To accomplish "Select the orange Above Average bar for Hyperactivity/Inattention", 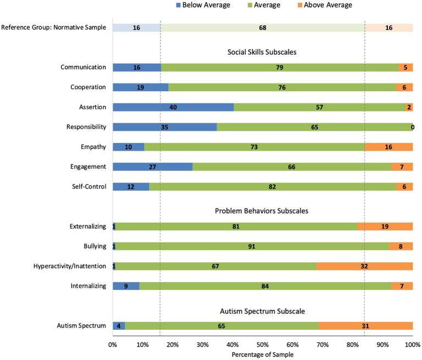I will point(364,267).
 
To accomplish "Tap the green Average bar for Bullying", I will point(251,247).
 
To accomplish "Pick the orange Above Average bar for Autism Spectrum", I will point(365,326).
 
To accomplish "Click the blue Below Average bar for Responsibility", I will point(165,127).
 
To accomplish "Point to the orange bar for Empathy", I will point(388,147).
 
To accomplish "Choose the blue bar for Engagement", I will point(152,167).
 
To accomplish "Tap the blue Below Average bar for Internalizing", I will point(126,286).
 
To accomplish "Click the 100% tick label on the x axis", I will point(412,345).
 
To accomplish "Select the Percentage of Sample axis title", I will point(262,355).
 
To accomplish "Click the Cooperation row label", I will point(88,87).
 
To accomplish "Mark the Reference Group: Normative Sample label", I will point(53,27).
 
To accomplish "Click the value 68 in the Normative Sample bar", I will point(262,27).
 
